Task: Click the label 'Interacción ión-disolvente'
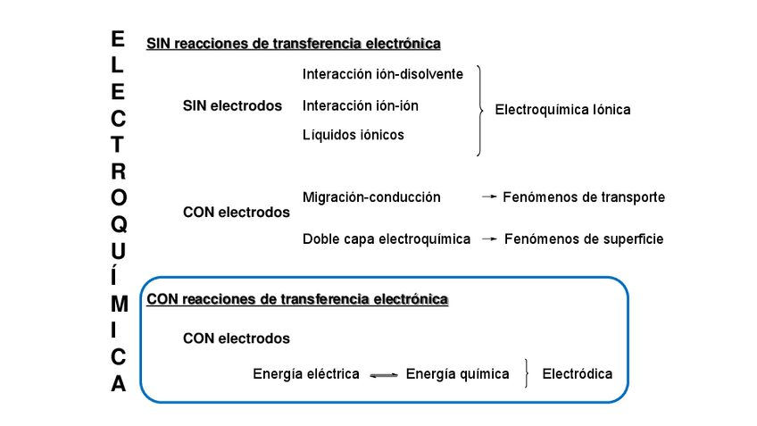pyautogui.click(x=383, y=74)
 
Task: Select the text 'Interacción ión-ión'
pyautogui.click(x=360, y=105)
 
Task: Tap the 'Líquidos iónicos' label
pyautogui.click(x=353, y=135)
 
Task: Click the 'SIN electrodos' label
pyautogui.click(x=232, y=105)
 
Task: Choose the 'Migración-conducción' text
pyautogui.click(x=371, y=197)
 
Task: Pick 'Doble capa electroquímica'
pyautogui.click(x=387, y=239)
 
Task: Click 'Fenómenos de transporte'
pyautogui.click(x=584, y=197)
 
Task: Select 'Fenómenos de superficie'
pyautogui.click(x=584, y=239)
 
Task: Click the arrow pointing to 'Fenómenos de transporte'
pyautogui.click(x=488, y=197)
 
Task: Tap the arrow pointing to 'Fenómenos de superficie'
pyautogui.click(x=489, y=239)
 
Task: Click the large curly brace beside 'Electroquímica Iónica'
pyautogui.click(x=480, y=110)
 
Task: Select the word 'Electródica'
pyautogui.click(x=578, y=374)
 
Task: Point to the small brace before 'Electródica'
pyautogui.click(x=528, y=374)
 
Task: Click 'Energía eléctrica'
pyautogui.click(x=306, y=374)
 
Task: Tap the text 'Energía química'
pyautogui.click(x=457, y=374)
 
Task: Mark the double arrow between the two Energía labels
pyautogui.click(x=383, y=375)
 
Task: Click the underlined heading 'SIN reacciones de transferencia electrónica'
pyautogui.click(x=294, y=43)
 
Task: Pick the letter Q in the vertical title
pyautogui.click(x=119, y=224)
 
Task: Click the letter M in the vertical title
pyautogui.click(x=119, y=304)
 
